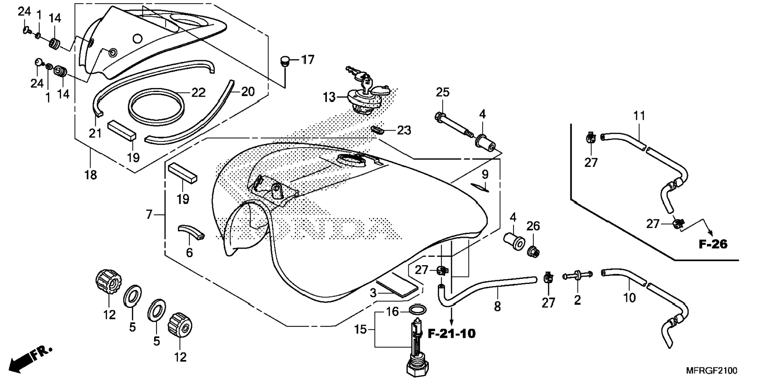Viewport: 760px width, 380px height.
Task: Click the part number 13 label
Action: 329,97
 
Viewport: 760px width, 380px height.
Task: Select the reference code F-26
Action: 713,244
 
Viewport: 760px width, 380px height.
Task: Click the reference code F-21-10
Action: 452,334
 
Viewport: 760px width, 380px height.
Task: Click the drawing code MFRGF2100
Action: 712,371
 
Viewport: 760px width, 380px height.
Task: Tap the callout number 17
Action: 308,60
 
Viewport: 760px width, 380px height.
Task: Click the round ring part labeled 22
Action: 156,105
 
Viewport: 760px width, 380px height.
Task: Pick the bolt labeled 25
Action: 452,123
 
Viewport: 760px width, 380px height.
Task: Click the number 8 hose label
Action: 497,306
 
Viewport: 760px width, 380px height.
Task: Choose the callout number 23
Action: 404,130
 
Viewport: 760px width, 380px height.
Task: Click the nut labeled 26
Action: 533,251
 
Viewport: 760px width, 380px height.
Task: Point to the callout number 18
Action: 90,175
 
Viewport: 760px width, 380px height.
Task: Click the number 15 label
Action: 360,329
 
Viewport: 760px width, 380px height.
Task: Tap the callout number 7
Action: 149,214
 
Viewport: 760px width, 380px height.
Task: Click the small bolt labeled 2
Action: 577,276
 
